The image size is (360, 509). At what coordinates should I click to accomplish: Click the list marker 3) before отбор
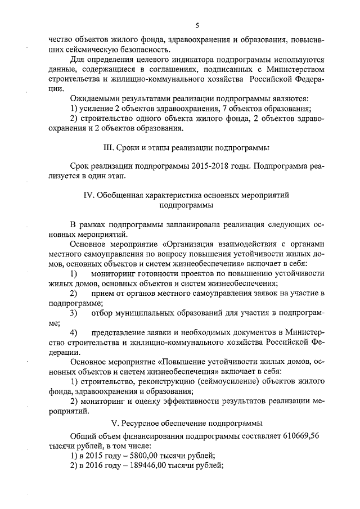click(73, 313)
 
